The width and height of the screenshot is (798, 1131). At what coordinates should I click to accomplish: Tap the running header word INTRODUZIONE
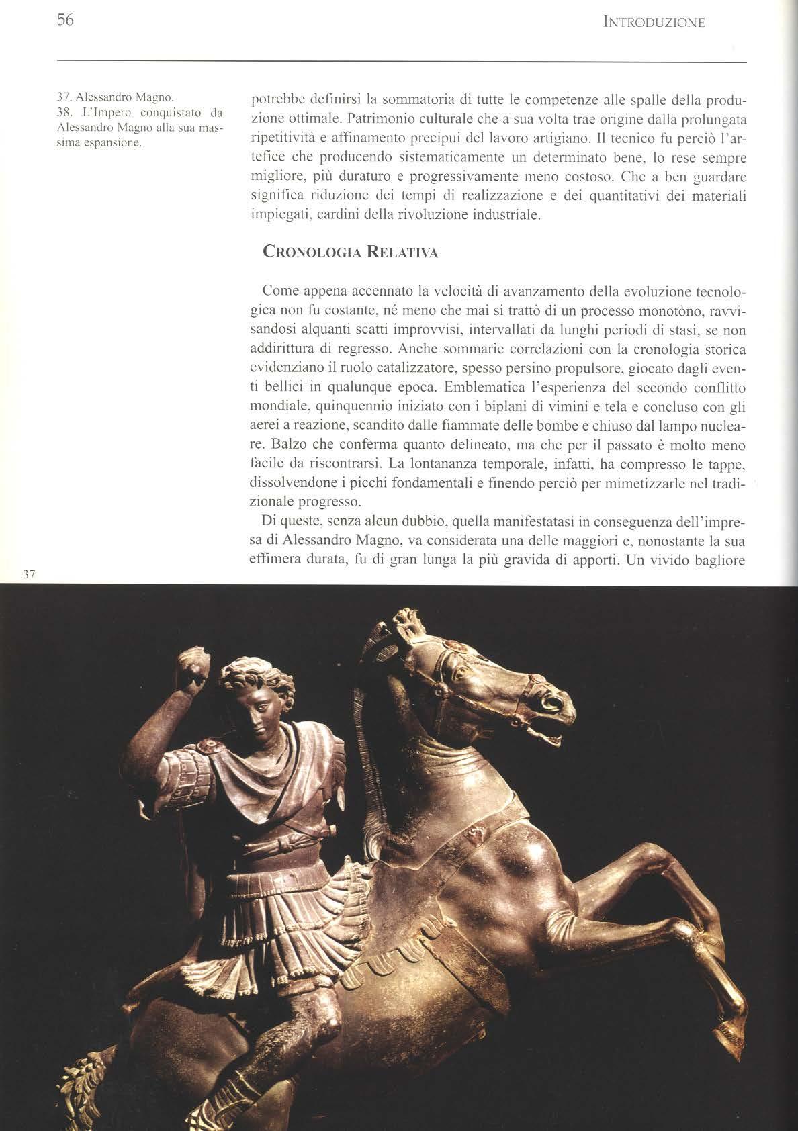[x=654, y=23]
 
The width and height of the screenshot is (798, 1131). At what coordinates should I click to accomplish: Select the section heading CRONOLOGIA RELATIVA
[x=350, y=253]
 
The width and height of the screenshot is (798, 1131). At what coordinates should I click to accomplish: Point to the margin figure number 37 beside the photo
[x=29, y=574]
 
